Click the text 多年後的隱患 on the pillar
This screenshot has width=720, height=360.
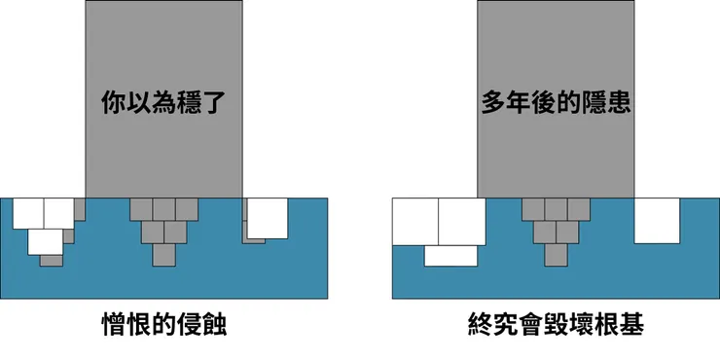[x=556, y=103]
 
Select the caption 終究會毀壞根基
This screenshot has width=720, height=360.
[x=556, y=324]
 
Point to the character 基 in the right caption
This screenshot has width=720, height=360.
[x=629, y=324]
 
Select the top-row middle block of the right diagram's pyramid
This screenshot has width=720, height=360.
[x=556, y=208]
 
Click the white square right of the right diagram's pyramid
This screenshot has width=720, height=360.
[x=657, y=220]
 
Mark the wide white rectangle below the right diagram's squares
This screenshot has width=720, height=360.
[x=451, y=255]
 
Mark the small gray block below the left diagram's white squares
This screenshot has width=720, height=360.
[x=52, y=260]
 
